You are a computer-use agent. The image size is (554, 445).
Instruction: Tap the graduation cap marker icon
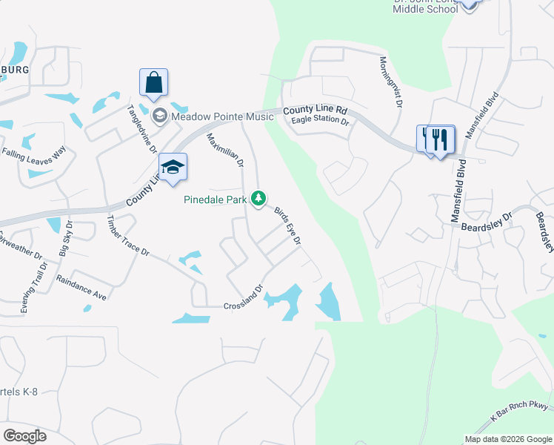(x=173, y=166)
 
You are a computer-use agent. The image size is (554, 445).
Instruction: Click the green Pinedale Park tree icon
(x=258, y=199)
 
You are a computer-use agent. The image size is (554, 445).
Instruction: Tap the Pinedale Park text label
(x=216, y=200)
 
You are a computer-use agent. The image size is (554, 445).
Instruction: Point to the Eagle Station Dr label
(x=320, y=119)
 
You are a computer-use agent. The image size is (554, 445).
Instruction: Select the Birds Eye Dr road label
(x=287, y=226)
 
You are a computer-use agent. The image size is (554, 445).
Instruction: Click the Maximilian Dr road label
(x=225, y=151)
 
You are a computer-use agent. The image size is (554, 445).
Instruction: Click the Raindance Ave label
(x=81, y=288)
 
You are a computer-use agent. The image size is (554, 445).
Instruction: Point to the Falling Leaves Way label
(x=34, y=152)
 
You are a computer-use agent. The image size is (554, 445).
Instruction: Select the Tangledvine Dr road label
(x=141, y=128)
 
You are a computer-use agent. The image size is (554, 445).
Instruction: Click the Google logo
(x=24, y=435)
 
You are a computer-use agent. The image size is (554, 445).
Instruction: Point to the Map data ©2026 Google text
(x=507, y=439)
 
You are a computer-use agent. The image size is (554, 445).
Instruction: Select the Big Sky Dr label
(x=66, y=238)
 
